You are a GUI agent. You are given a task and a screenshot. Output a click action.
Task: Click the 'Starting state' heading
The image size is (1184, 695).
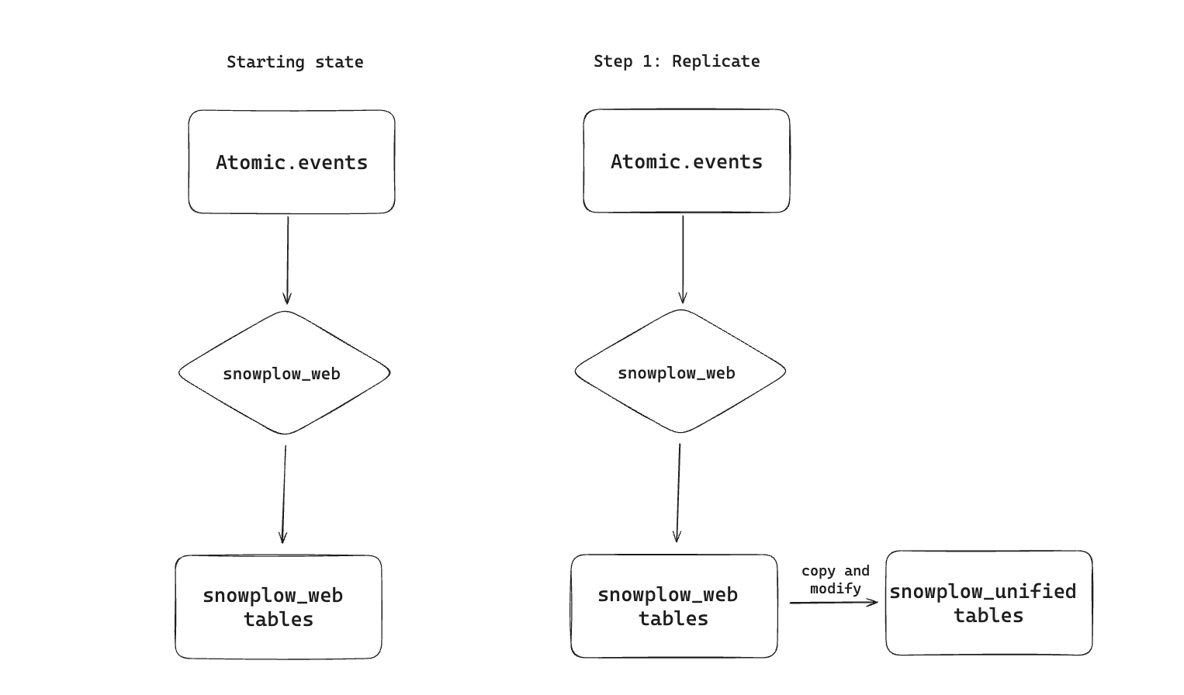[295, 62]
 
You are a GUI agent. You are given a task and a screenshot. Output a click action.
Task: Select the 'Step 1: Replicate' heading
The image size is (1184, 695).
[677, 61]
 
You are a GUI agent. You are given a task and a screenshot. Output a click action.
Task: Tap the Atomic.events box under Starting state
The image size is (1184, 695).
[292, 162]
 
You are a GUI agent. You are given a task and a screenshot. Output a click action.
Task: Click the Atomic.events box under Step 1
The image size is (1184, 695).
[687, 161]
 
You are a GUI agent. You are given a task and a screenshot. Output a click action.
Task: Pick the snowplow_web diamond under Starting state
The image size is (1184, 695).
[283, 373]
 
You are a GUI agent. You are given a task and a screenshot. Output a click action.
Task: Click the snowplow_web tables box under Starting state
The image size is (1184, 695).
[279, 607]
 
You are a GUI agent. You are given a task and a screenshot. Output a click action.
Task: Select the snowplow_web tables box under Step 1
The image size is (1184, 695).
[673, 607]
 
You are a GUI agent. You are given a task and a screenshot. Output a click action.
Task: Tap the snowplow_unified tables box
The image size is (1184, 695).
[988, 603]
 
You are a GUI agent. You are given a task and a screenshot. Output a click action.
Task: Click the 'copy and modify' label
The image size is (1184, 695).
[836, 579]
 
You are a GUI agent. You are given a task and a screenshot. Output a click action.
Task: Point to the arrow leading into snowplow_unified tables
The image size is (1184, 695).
[834, 602]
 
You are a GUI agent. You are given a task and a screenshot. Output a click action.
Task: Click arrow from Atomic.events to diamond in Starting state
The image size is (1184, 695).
[288, 260]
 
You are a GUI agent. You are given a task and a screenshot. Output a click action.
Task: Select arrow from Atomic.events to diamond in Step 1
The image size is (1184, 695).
[683, 259]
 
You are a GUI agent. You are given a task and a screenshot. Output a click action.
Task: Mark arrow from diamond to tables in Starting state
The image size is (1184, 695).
[284, 493]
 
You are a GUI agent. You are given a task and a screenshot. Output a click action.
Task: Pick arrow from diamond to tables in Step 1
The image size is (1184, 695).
[678, 493]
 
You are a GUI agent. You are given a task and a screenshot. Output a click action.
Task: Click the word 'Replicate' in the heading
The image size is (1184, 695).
[716, 61]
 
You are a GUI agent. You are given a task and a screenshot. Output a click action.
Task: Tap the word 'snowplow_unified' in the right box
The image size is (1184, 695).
[982, 592]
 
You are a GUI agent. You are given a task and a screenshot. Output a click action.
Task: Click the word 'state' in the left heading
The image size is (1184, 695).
[339, 62]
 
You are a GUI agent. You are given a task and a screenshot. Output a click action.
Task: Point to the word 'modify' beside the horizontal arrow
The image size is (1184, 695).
[836, 589]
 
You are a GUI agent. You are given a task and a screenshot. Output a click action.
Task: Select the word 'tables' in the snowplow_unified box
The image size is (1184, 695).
[988, 616]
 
